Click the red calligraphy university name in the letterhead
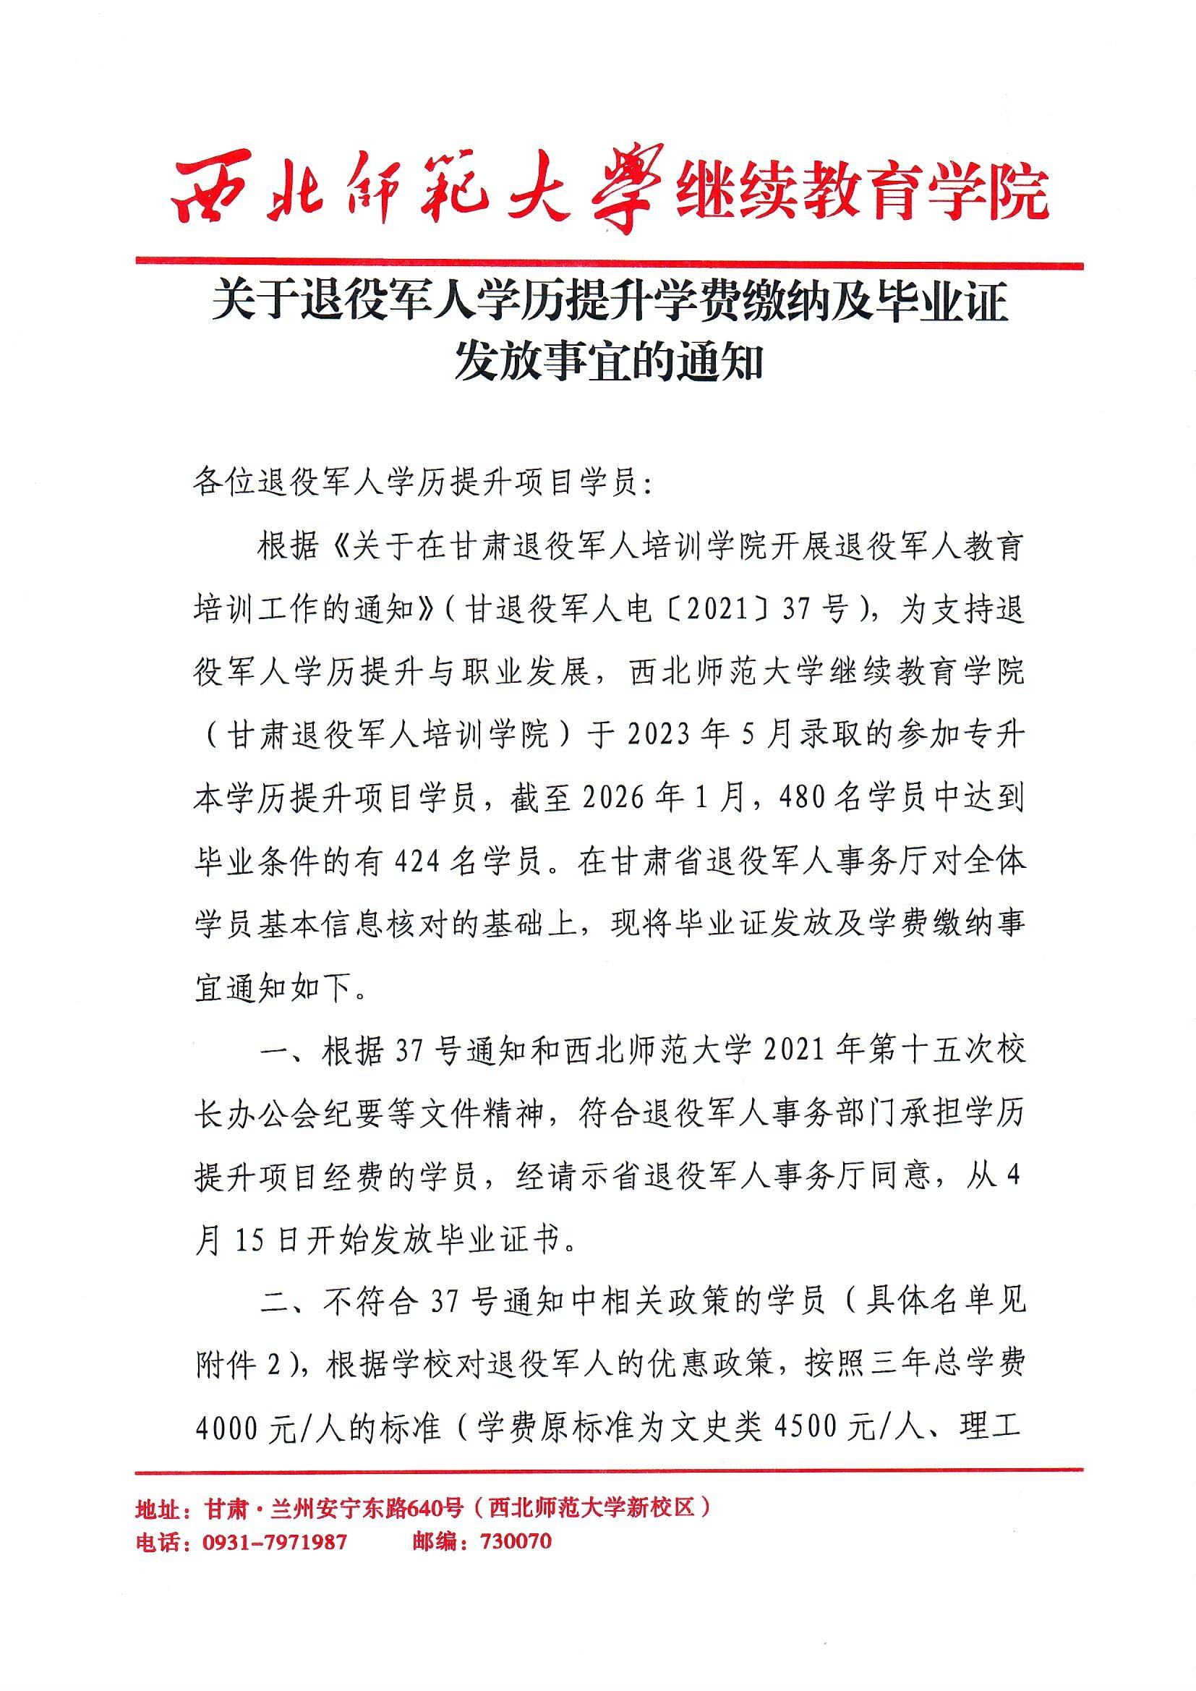pyautogui.click(x=417, y=189)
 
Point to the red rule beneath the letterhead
pyautogui.click(x=610, y=263)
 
